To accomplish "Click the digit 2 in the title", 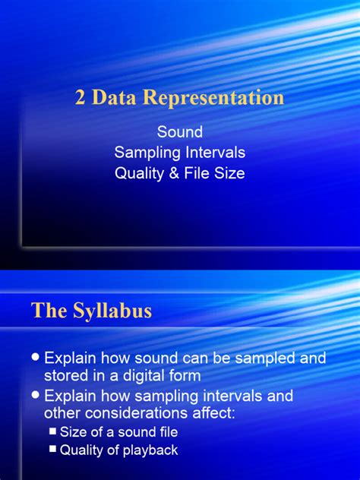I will point(80,98).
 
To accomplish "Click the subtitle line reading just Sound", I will point(179,133).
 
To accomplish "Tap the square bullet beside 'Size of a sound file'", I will point(52,431).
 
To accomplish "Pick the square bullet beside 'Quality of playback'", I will point(52,450).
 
